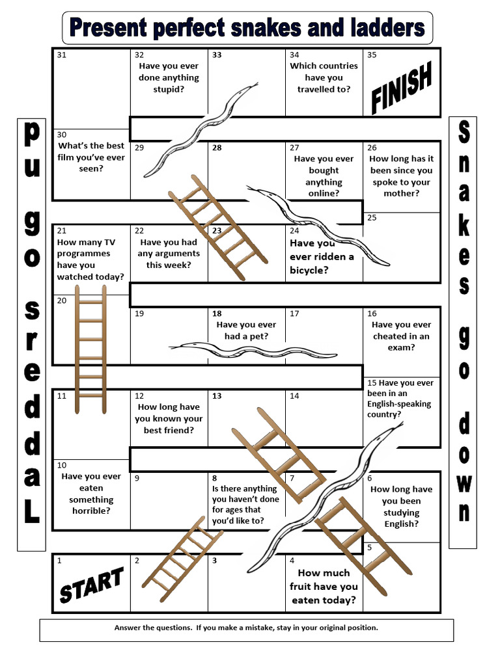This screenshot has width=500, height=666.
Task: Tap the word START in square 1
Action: [91, 584]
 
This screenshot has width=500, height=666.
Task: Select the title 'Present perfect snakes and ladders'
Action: [247, 28]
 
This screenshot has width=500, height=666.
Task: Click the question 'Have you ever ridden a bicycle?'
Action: [322, 256]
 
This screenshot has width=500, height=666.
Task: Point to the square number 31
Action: [62, 55]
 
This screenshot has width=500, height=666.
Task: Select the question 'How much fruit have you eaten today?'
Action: [324, 586]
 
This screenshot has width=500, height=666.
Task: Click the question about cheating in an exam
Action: [401, 336]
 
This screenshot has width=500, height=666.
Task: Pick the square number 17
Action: [294, 313]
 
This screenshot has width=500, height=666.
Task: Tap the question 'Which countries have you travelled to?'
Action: [324, 77]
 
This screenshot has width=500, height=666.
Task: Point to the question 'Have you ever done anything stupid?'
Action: [169, 77]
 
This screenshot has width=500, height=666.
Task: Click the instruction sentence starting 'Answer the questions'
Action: [246, 628]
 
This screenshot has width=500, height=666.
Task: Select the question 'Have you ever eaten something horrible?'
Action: [91, 494]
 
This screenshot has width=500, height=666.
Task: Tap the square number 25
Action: [372, 218]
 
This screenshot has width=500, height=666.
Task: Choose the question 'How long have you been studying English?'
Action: [402, 507]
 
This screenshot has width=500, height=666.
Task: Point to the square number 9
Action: [137, 478]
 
